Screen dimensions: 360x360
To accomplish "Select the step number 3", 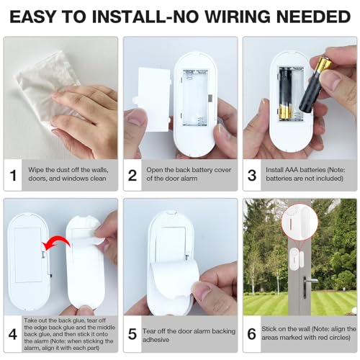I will click(x=253, y=175).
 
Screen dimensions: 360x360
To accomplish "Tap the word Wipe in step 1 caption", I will click(x=37, y=171).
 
